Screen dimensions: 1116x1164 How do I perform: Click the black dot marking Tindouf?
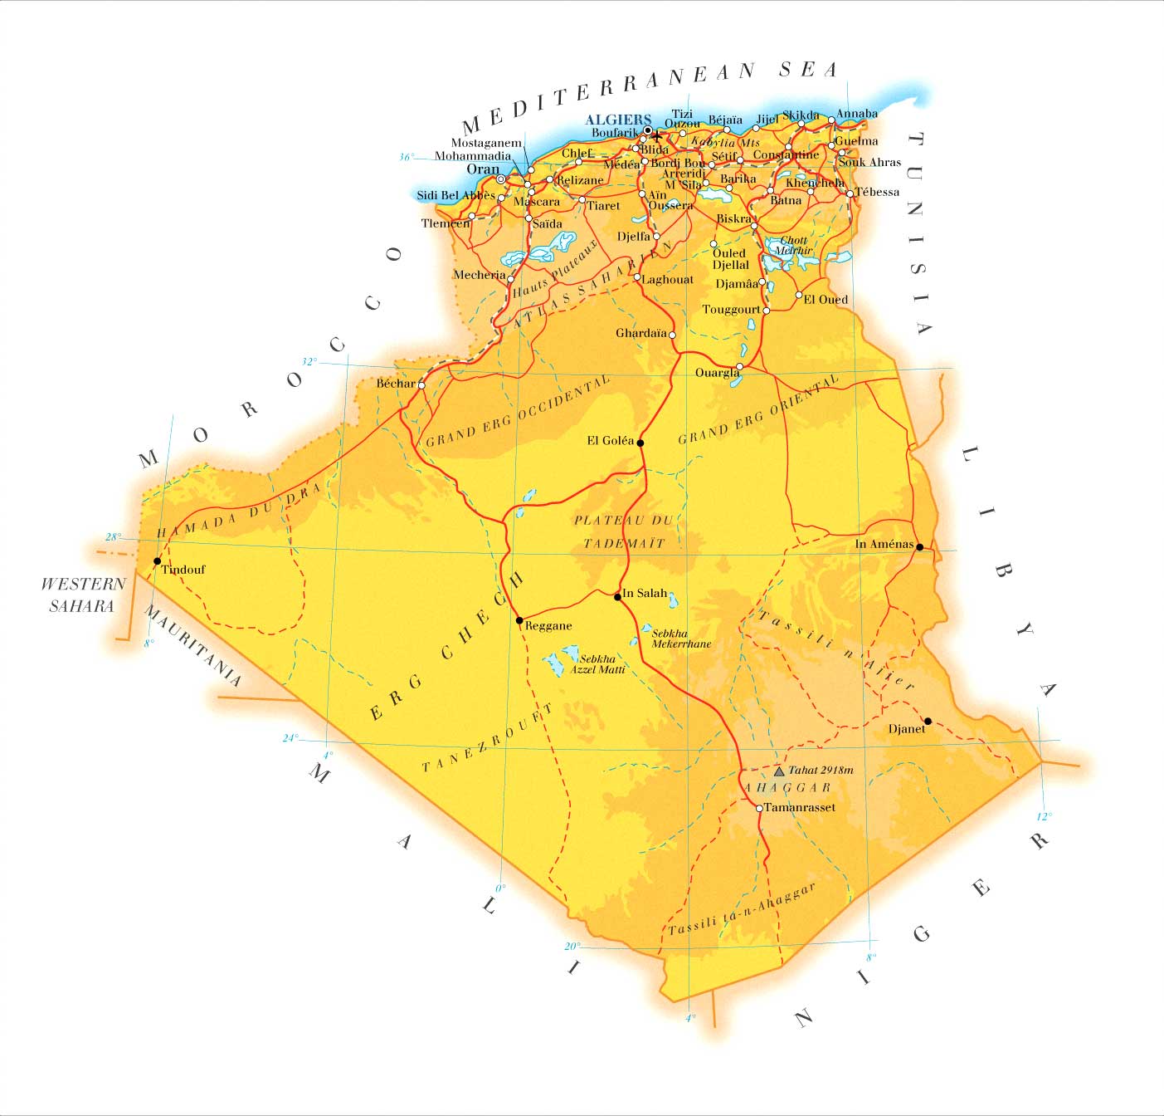tap(158, 561)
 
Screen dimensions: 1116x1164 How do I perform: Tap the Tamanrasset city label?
tap(799, 807)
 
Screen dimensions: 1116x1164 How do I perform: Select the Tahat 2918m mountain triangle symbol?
tap(779, 771)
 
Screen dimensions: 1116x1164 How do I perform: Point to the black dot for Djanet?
tap(928, 721)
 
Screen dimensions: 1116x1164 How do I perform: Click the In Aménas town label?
tap(884, 545)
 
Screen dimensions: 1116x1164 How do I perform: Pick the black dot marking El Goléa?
tap(640, 443)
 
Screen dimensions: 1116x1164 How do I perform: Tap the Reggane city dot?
tap(519, 620)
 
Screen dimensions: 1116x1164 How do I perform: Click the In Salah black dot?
tap(618, 596)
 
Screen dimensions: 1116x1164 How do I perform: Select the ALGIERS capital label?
tap(617, 120)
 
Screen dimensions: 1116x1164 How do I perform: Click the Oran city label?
tap(483, 169)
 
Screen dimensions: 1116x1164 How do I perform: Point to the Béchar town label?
tap(396, 384)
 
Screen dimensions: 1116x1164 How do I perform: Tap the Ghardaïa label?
tap(641, 334)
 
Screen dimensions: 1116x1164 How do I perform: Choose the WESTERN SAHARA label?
tap(82, 595)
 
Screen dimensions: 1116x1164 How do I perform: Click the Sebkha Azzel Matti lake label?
tap(597, 663)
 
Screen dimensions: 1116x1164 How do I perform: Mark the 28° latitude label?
tap(113, 536)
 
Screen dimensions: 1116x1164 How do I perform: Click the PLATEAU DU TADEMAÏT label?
tap(623, 531)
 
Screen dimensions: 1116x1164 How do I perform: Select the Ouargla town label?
tap(717, 373)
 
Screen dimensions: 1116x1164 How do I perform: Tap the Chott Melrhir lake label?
tap(793, 245)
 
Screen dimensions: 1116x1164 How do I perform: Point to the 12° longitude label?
tap(1043, 815)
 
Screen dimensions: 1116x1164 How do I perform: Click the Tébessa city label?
tap(877, 192)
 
